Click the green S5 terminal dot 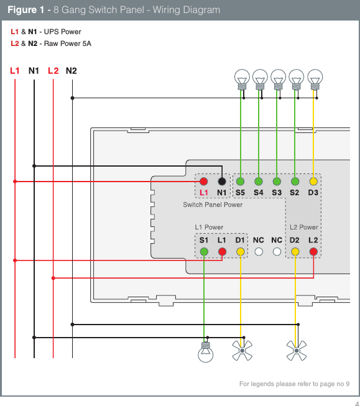(x=240, y=182)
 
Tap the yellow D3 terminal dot (x=313, y=182)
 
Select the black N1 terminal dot (x=221, y=182)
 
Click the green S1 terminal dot (x=204, y=252)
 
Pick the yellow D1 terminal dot (x=240, y=252)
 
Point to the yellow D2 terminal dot (x=295, y=252)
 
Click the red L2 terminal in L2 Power (x=313, y=252)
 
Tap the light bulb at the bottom (x=205, y=352)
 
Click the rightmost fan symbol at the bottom (x=296, y=351)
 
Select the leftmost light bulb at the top (x=242, y=78)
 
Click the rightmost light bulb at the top (x=315, y=78)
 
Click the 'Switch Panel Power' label (x=213, y=205)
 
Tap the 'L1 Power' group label (x=209, y=228)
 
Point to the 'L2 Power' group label (x=303, y=228)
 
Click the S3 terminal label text (x=277, y=193)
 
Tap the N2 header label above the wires (x=71, y=71)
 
